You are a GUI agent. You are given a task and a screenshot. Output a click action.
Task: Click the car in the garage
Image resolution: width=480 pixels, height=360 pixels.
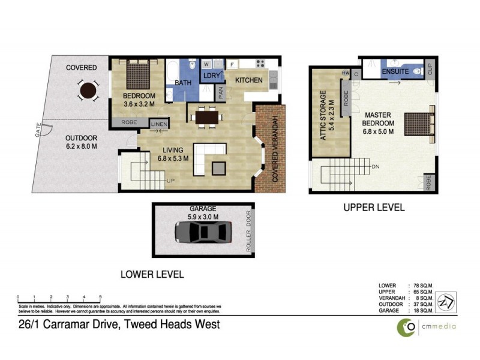(203, 232)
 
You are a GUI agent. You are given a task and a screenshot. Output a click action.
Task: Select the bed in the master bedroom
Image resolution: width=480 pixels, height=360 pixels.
(418, 125)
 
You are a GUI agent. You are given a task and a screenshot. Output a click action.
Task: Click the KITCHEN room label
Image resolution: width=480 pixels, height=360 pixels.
(248, 80)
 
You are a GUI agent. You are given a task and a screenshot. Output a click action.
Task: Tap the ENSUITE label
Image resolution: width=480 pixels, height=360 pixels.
(396, 72)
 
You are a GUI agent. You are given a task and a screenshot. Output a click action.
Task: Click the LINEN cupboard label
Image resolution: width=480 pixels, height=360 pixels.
(160, 125)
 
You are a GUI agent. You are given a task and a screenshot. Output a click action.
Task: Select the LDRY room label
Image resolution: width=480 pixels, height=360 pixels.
(212, 76)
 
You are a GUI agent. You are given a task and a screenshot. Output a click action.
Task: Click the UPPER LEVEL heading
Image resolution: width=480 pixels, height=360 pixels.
(374, 208)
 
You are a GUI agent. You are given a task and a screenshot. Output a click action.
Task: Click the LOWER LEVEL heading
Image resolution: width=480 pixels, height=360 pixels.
(152, 274)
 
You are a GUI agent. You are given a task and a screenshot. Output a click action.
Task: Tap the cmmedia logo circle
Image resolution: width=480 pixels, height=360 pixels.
(407, 326)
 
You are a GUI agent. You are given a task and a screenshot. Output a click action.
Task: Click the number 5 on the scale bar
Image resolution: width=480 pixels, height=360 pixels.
(100, 297)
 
